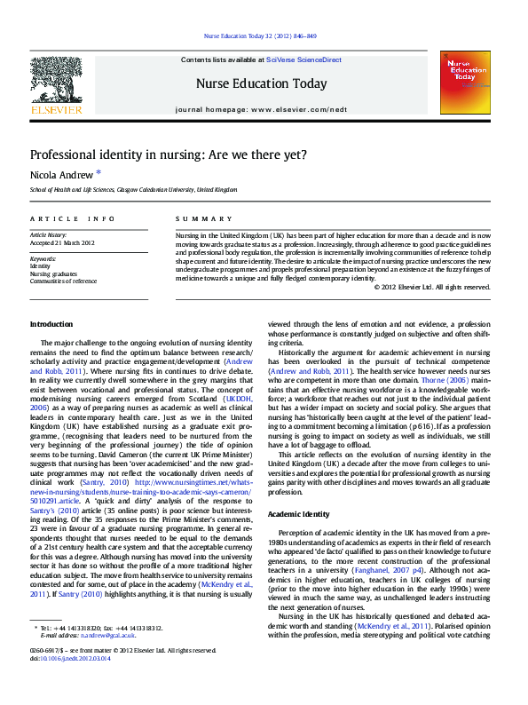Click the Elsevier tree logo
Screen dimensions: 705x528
click(x=56, y=81)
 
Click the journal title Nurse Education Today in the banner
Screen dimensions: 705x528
click(x=261, y=84)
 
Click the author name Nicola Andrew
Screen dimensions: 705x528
click(x=61, y=174)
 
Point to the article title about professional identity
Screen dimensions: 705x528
click(x=169, y=154)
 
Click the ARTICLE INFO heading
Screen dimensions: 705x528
click(x=72, y=218)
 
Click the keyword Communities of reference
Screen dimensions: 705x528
click(x=63, y=281)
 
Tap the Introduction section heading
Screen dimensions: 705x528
click(x=51, y=324)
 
